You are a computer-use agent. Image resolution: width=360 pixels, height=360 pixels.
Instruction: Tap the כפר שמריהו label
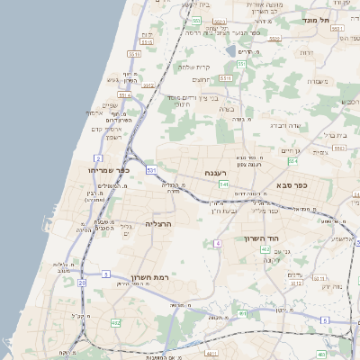click(109, 170)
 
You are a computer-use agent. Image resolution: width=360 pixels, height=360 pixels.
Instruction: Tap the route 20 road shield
click(82, 283)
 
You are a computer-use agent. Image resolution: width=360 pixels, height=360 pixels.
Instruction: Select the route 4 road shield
click(217, 243)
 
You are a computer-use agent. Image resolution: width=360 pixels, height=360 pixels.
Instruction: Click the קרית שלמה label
click(193, 67)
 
